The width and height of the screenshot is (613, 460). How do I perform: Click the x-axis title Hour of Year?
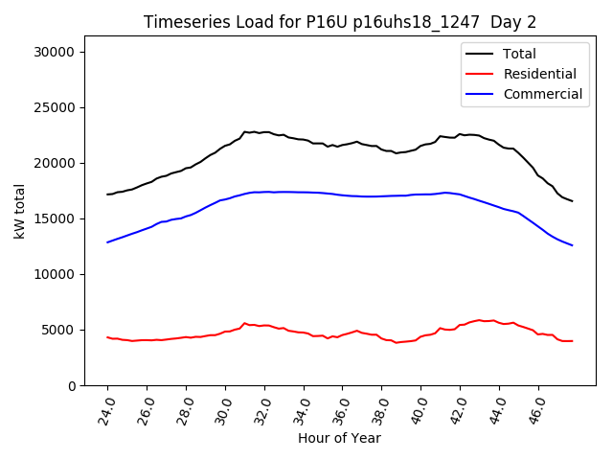point(339,438)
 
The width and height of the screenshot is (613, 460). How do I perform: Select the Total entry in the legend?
point(520,54)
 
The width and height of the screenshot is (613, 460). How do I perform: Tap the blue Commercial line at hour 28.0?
point(187,216)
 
